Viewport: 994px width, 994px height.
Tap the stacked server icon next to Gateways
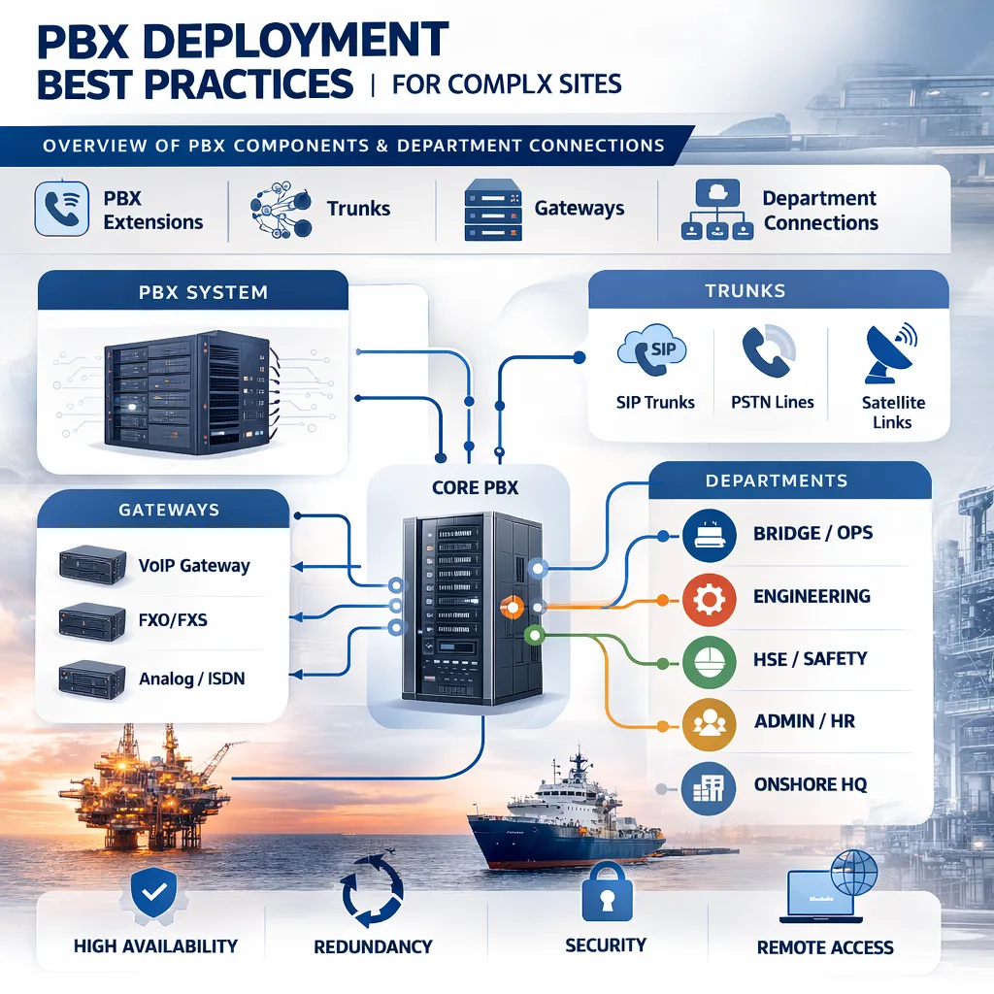coord(493,209)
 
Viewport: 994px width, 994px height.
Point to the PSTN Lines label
coord(773,402)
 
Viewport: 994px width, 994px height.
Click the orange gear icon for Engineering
coord(710,599)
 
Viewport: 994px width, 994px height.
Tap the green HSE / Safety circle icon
coord(710,662)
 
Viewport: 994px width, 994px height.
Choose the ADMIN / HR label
coord(805,722)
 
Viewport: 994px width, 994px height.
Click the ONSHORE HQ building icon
coord(710,787)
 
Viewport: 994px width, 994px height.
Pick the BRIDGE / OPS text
coord(812,534)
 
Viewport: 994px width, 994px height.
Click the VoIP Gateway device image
coord(92,564)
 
